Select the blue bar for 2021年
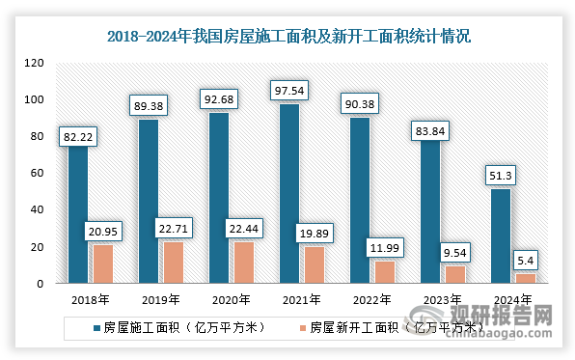(289, 193)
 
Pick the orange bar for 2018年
(102, 263)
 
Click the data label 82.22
(79, 139)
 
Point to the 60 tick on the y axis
(38, 174)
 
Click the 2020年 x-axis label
(230, 300)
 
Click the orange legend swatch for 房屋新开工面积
(301, 327)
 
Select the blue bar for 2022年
(359, 200)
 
